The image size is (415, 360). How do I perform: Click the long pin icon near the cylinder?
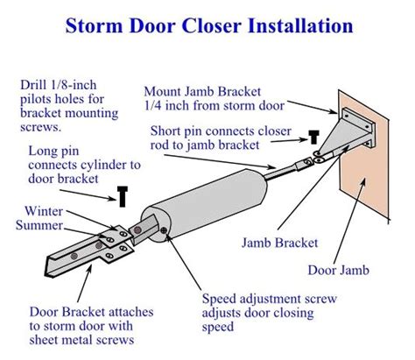123,195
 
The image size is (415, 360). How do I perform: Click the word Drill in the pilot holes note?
36,85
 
